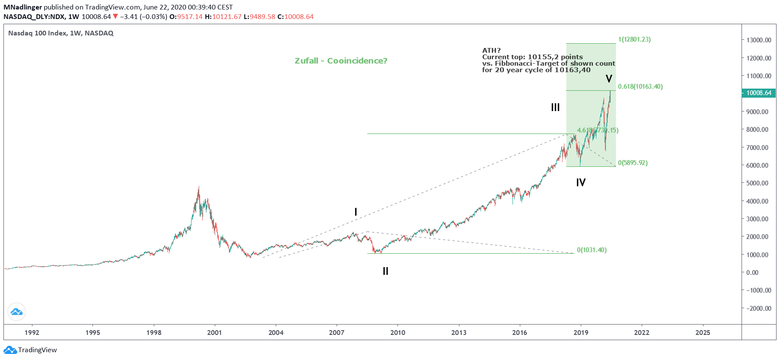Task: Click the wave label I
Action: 356,212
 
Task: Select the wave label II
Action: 385,271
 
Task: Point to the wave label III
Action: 555,107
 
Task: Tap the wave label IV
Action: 581,182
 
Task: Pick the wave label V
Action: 609,79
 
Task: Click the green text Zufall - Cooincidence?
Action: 341,61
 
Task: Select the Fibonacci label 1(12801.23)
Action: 634,39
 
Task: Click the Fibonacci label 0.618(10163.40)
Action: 640,86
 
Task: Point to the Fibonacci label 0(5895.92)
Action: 633,163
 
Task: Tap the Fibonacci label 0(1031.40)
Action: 592,250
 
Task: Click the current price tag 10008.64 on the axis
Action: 759,93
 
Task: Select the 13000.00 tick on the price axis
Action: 759,40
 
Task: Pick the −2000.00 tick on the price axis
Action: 758,308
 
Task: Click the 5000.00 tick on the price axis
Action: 759,183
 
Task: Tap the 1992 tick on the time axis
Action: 32,332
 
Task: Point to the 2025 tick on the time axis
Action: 703,332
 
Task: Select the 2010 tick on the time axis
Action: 398,332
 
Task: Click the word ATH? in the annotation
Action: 491,51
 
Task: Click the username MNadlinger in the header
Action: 22,7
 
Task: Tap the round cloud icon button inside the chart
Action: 16,312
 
